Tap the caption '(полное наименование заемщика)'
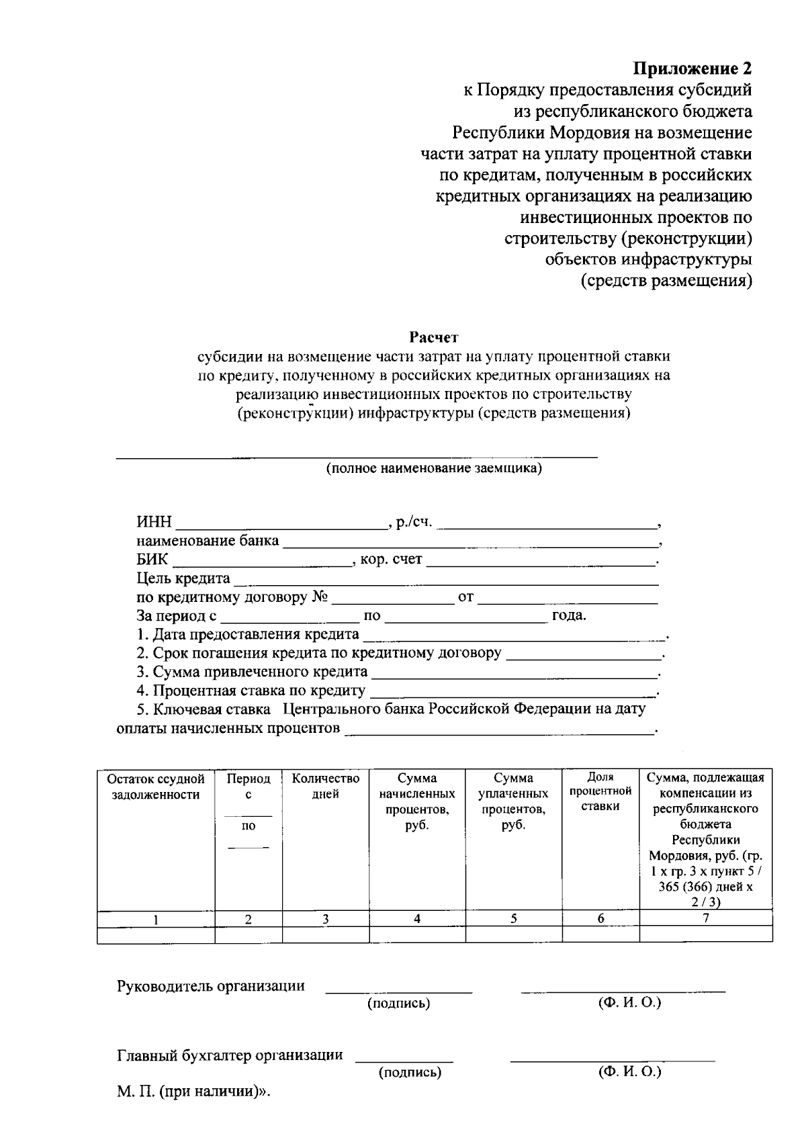(434, 469)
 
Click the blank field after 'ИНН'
(281, 523)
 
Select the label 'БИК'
(152, 560)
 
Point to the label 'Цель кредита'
(183, 578)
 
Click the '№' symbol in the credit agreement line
(320, 597)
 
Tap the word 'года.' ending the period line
(569, 616)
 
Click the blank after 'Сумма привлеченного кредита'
(514, 672)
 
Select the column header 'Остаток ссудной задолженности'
(156, 787)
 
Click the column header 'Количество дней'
(326, 787)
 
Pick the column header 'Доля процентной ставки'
(600, 792)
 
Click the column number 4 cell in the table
(417, 919)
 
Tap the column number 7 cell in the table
(705, 919)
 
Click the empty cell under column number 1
(156, 934)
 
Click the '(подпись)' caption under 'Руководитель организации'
(398, 1004)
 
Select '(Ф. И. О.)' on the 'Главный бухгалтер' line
(629, 1072)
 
